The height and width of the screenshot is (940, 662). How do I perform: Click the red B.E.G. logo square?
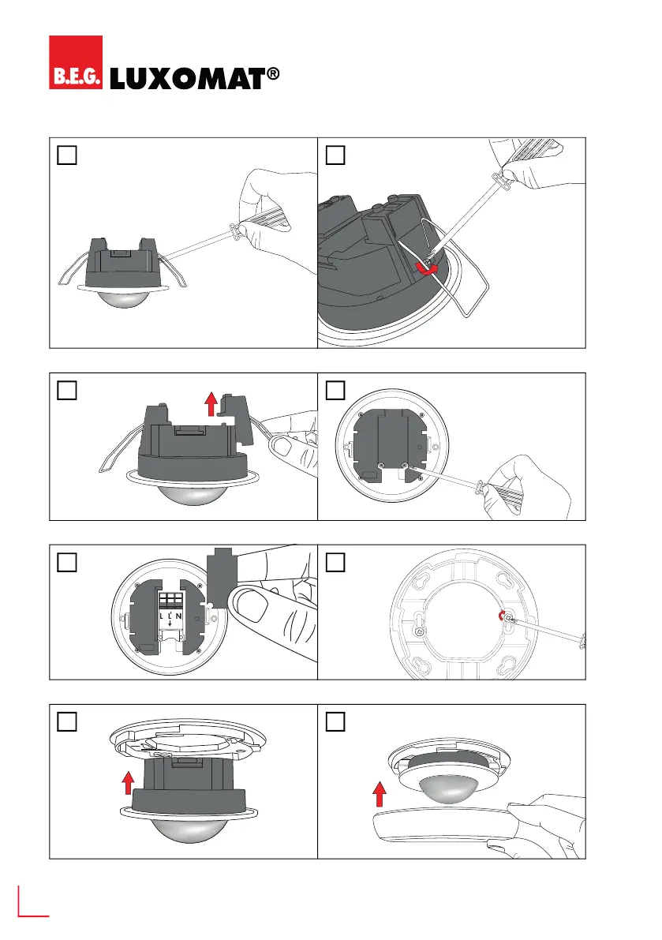pyautogui.click(x=76, y=62)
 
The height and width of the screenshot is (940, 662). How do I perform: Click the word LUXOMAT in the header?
pyautogui.click(x=184, y=78)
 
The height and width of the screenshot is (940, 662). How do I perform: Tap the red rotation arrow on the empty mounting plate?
pyautogui.click(x=496, y=616)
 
